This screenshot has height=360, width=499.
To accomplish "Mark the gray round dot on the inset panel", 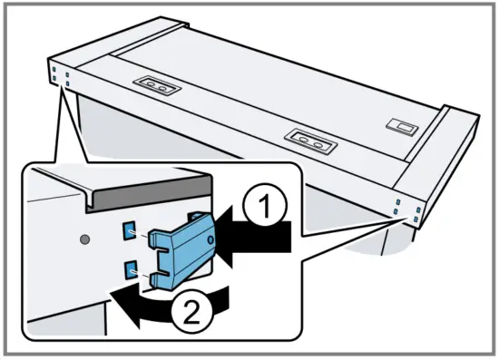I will [x=84, y=240].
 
